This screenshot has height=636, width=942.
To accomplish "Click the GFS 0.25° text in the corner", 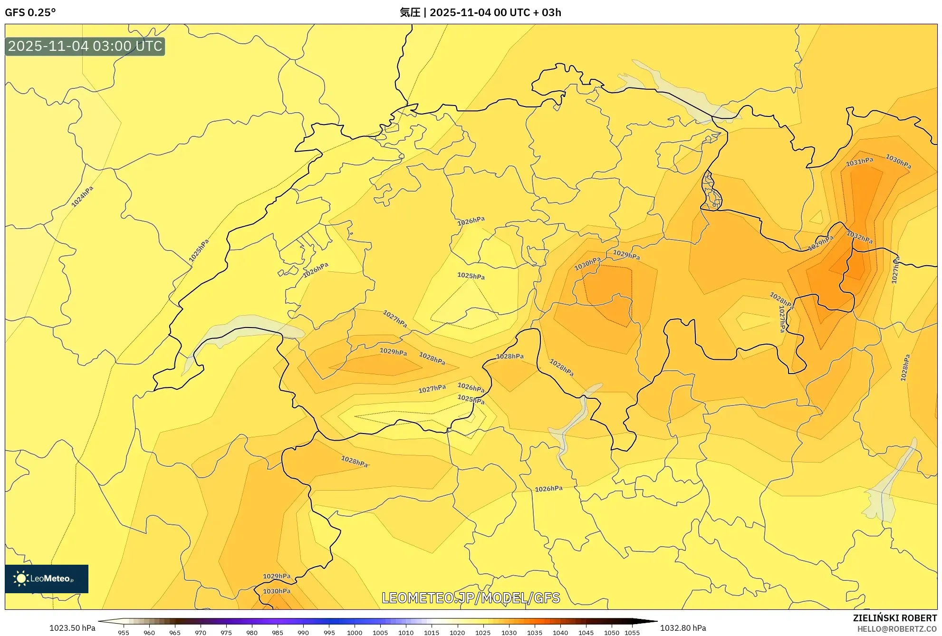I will (30, 12).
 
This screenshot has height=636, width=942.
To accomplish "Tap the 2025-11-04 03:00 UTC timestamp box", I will (85, 46).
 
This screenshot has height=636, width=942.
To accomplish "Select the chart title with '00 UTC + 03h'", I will (480, 12).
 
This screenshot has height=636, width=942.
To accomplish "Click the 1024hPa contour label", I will (82, 196).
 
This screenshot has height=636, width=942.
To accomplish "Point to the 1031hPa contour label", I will (859, 162).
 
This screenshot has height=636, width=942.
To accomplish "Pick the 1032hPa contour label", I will (859, 237).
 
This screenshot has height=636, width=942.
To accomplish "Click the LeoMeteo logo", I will (47, 578).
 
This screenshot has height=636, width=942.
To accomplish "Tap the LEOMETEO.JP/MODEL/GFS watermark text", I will (471, 597).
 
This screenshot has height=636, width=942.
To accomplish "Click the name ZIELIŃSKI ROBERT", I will (894, 618).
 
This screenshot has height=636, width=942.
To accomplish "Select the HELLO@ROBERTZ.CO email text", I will (896, 629).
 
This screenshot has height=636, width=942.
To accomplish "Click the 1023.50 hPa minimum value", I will (72, 628).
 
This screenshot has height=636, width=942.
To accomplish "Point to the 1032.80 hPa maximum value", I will (683, 628).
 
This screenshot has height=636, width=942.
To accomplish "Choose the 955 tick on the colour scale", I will (124, 633).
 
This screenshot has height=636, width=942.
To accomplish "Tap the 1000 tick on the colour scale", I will (355, 633).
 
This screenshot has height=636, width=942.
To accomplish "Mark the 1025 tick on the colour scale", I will (483, 633).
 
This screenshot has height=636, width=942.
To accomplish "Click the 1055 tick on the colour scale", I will (632, 633).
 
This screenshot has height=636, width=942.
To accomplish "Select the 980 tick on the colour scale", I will (252, 633).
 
